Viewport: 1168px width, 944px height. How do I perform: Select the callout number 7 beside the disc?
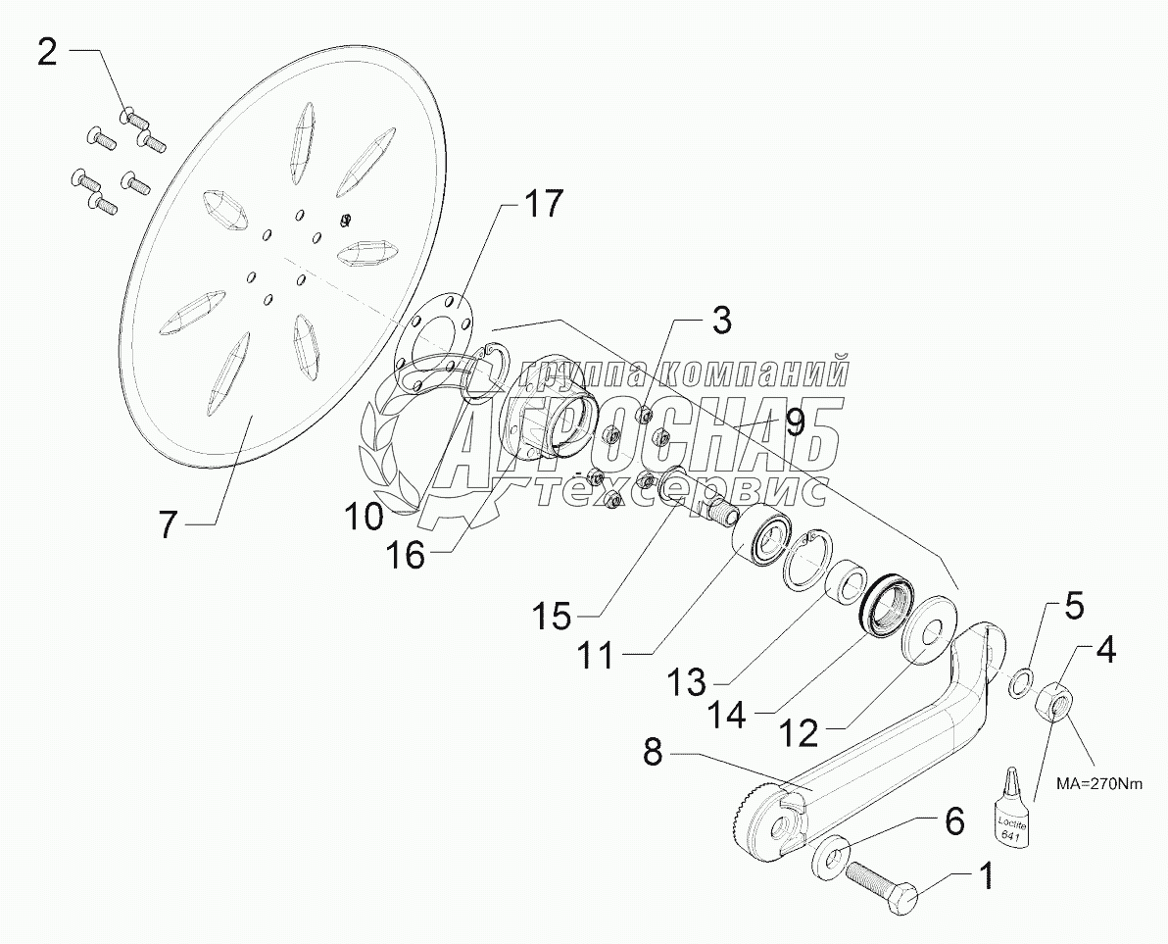pyautogui.click(x=168, y=524)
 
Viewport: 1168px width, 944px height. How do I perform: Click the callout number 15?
pyautogui.click(x=553, y=618)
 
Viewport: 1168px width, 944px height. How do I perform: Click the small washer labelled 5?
pyautogui.click(x=1019, y=679)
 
